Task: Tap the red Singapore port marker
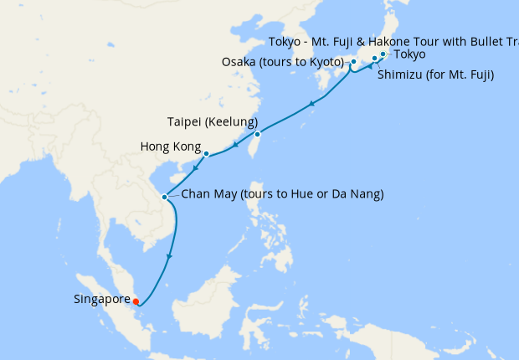[x=136, y=302]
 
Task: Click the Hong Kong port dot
[x=206, y=154]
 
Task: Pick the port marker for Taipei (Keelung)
[x=257, y=134]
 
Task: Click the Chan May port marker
[x=164, y=198]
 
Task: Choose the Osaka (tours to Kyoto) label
[x=283, y=62]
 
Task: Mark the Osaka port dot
[x=353, y=62]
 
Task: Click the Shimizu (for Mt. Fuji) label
[x=435, y=75]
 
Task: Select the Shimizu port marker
[x=374, y=59]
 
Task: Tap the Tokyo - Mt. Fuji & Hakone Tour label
[x=393, y=42]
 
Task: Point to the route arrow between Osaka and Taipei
[x=311, y=104]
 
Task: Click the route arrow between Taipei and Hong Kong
[x=237, y=146]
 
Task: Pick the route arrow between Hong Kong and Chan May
[x=194, y=168]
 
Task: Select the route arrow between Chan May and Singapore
[x=170, y=256]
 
